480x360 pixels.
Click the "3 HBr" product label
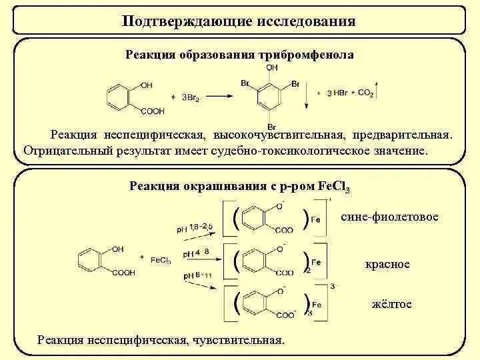click(337, 93)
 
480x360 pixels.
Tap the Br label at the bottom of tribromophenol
click(271, 127)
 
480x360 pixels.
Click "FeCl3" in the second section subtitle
click(334, 186)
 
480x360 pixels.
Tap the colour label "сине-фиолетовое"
click(389, 217)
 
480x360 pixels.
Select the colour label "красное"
click(387, 264)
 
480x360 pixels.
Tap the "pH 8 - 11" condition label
click(194, 275)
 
